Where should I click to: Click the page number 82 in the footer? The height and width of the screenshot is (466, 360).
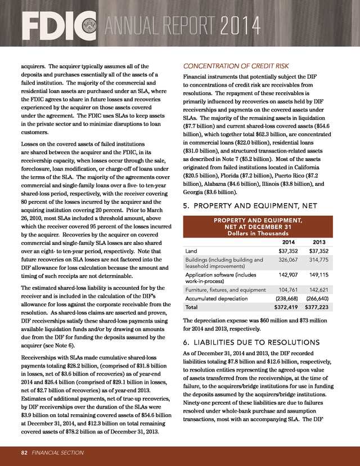point(24,452)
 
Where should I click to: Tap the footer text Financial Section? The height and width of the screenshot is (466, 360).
point(58,452)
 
